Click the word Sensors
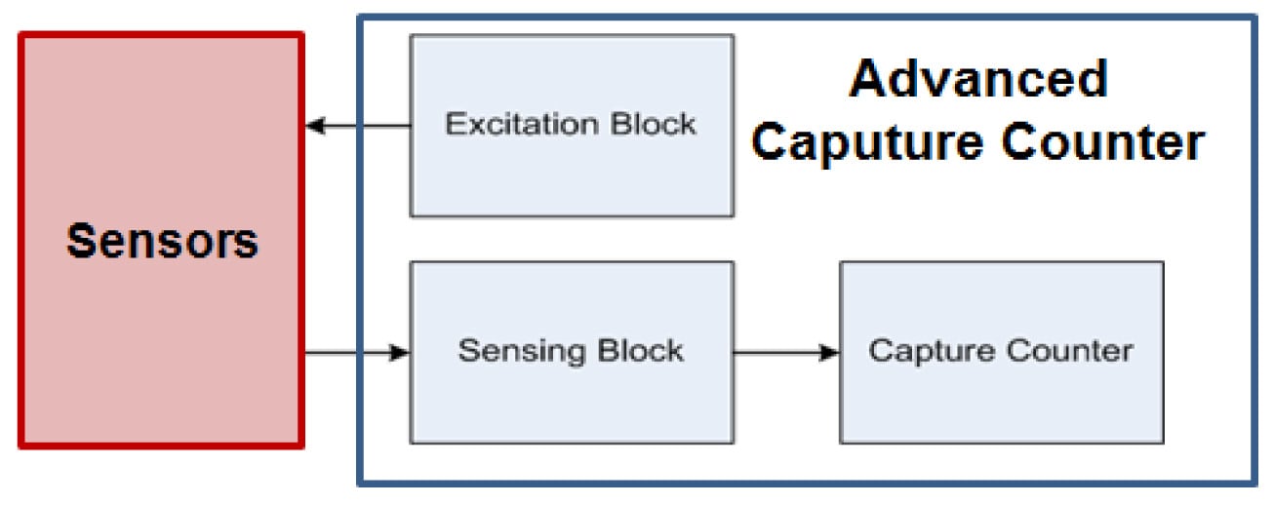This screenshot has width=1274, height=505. (162, 240)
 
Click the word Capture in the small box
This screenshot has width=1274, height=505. (925, 351)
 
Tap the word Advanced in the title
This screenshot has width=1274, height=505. (978, 79)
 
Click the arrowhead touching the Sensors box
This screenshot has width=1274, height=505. (314, 126)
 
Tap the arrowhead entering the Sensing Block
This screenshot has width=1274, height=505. (399, 353)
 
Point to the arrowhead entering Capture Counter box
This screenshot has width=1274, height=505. (830, 353)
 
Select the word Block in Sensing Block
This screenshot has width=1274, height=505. (640, 351)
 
